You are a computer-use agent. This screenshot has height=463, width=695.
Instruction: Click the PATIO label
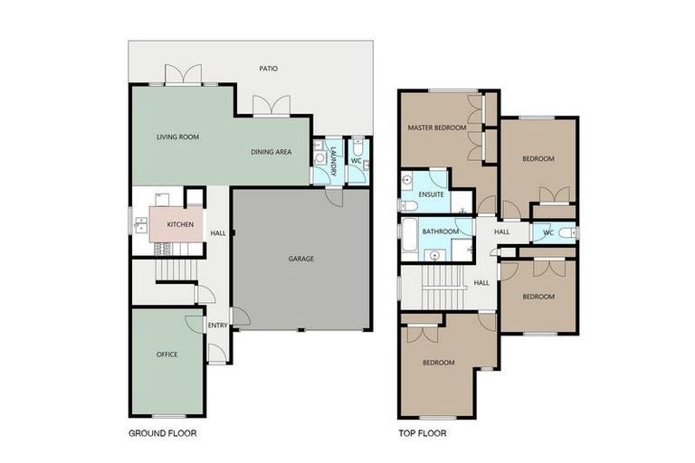click(268, 68)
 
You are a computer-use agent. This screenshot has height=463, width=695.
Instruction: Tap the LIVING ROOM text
click(177, 137)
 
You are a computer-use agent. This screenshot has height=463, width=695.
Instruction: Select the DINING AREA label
click(271, 152)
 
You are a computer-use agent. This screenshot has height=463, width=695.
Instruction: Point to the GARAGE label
click(301, 259)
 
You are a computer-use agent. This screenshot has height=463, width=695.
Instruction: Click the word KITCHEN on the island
click(179, 223)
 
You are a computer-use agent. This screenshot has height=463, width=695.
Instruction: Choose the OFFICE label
click(167, 354)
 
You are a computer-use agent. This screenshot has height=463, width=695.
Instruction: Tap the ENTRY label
click(217, 326)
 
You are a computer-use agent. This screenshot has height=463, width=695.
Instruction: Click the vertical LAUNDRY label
click(334, 160)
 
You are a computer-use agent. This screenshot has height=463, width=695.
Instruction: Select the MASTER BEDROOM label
click(437, 128)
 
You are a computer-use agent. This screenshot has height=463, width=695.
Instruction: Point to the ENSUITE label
click(431, 194)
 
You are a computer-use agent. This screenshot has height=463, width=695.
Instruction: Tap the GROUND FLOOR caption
click(163, 433)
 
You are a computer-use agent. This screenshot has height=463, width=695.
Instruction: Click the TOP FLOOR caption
click(422, 433)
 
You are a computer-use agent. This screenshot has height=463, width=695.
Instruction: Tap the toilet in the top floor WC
click(566, 233)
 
